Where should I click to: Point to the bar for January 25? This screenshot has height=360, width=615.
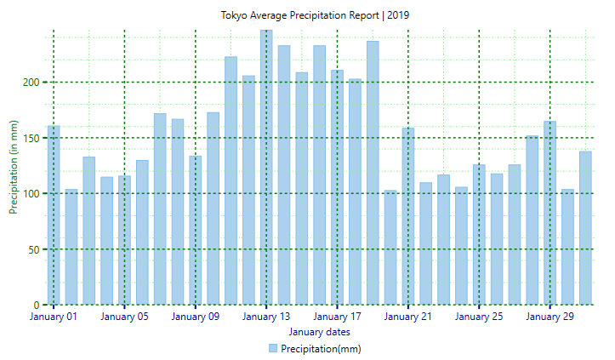(479, 234)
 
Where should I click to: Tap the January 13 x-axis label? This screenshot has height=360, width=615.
(266, 317)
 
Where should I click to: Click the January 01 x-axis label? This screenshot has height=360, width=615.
(54, 317)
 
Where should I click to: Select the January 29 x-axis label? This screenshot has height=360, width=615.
(550, 317)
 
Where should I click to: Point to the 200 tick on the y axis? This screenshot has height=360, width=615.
(31, 83)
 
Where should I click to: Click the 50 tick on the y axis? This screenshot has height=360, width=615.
(34, 249)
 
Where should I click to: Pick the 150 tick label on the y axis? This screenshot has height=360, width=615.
(31, 138)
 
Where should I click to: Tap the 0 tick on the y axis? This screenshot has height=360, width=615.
(37, 305)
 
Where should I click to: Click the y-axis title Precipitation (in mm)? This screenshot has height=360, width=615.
(14, 167)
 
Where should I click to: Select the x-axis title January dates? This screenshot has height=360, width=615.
(319, 332)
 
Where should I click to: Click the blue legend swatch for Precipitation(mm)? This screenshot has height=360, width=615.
(273, 348)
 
